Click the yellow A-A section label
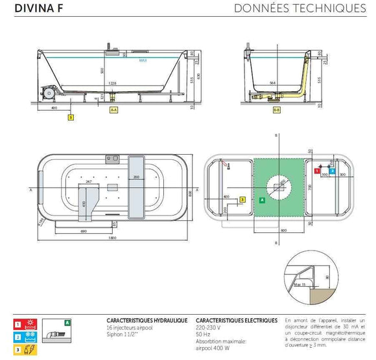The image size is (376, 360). (x=113, y=111)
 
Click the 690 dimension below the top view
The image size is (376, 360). (x=84, y=231)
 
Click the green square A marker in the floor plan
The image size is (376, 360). (x=261, y=200)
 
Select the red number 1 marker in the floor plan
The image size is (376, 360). (x=316, y=171)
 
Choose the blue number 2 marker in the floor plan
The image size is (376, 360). (x=333, y=171)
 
